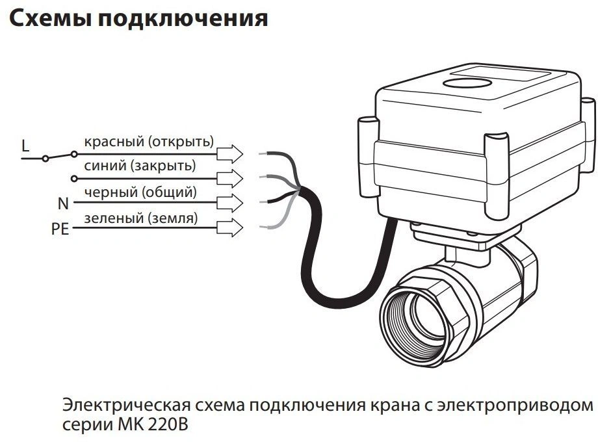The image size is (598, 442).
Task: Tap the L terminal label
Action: coord(25,146)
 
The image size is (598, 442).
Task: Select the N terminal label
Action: coord(63,203)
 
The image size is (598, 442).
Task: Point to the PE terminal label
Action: coord(60,230)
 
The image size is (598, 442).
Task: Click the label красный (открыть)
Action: coord(149,142)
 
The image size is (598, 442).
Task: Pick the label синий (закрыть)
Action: coord(140,166)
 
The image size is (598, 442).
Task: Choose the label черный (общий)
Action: coord(140,192)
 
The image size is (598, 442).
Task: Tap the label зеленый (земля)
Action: coord(140,218)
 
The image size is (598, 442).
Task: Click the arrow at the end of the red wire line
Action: coord(229,154)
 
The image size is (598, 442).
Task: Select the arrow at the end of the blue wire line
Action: coord(229,178)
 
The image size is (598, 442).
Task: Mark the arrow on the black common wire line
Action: coord(229,203)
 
